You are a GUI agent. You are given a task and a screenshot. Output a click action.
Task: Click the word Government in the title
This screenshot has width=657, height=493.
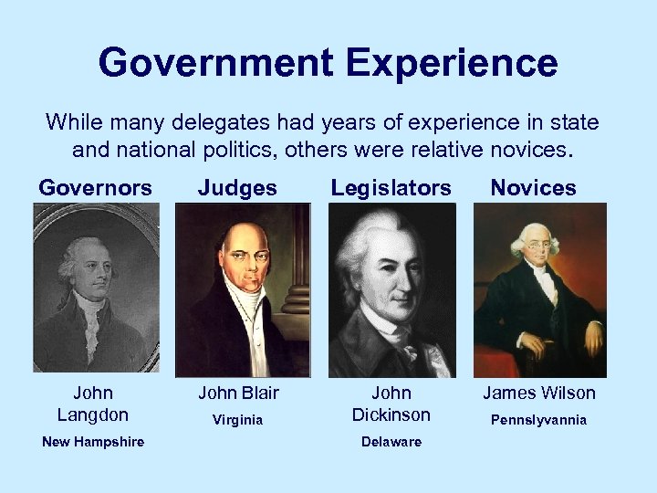216,63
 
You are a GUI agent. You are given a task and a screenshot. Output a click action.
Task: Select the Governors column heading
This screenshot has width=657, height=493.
95,188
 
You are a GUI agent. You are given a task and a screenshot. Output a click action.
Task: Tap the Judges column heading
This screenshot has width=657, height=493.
238,188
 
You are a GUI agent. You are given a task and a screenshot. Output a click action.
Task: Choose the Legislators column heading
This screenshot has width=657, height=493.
391,188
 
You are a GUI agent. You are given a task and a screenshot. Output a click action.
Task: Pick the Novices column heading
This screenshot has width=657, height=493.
533,188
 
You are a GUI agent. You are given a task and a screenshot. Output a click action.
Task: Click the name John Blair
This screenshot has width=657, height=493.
239,393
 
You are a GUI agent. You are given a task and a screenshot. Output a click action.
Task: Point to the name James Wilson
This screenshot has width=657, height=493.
538,393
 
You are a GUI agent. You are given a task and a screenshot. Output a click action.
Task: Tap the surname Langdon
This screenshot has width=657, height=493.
93,414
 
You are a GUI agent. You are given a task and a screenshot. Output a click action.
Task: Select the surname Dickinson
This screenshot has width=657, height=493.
391,414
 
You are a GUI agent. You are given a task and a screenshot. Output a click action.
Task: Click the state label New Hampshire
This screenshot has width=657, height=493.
92,442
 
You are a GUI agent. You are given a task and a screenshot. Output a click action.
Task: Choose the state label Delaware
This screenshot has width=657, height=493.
391,442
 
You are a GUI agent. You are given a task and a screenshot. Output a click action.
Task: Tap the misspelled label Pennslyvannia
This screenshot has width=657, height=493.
538,421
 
